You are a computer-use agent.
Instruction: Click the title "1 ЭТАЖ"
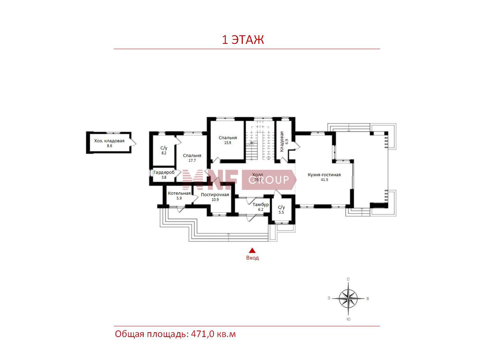click(242, 40)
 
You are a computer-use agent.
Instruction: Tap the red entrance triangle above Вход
click(252, 251)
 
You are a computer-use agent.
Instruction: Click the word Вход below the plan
click(252, 258)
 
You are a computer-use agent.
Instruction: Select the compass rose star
click(348, 298)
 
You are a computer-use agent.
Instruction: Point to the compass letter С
click(348, 279)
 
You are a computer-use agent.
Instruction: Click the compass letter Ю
click(349, 319)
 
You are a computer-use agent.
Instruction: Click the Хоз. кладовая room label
click(109, 141)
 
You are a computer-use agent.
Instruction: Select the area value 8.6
click(110, 146)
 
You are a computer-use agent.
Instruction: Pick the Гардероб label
click(164, 172)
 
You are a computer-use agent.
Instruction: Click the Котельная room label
click(179, 193)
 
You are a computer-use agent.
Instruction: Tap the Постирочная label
click(215, 194)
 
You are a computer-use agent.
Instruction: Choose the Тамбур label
click(261, 205)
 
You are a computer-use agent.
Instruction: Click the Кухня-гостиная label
click(324, 175)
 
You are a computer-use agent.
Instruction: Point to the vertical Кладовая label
click(282, 141)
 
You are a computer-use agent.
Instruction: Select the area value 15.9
click(227, 143)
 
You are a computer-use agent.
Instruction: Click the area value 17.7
click(192, 161)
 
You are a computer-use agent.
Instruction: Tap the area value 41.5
click(324, 180)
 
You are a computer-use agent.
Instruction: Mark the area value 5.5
click(281, 212)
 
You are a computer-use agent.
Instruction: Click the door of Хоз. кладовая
click(133, 142)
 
